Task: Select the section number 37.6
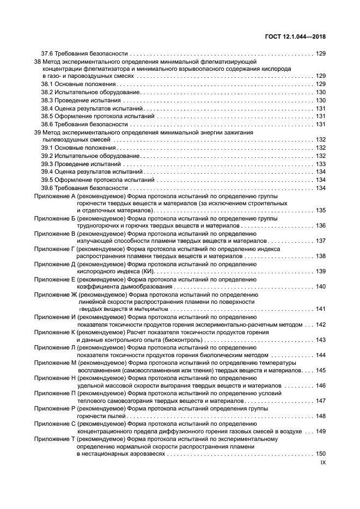(x=48, y=54)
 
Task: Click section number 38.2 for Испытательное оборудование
(x=48, y=93)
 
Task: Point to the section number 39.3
(x=48, y=164)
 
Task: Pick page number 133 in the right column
(x=321, y=164)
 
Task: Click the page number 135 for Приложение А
(x=321, y=210)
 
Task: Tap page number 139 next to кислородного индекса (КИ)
(x=321, y=271)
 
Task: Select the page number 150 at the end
(x=321, y=453)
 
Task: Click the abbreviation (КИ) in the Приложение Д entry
(x=147, y=271)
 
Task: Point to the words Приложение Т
(x=54, y=438)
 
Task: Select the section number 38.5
(x=48, y=116)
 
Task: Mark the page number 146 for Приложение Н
(x=321, y=385)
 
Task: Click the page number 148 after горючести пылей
(x=321, y=416)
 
